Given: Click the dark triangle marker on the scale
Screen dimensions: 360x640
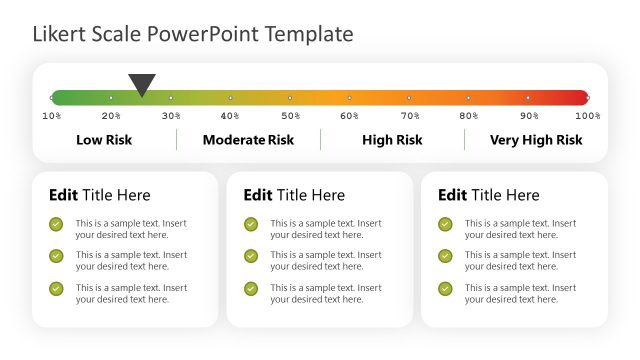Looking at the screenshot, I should pos(142,85).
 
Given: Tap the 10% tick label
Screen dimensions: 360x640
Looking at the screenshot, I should pos(52,116).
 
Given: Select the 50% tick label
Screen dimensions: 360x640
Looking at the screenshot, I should pos(289,116).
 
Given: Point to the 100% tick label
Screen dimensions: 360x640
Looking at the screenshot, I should pos(588,116).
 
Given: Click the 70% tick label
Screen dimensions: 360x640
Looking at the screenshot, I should pos(409,116).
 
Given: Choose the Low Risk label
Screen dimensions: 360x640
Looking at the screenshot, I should pos(104,140).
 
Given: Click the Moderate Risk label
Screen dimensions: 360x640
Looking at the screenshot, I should pos(248,140).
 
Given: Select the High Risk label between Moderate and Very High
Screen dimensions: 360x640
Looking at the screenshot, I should pos(392,140).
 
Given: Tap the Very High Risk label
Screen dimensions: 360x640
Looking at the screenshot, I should pos(536,140).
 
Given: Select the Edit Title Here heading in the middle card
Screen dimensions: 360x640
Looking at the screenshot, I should pos(294,195).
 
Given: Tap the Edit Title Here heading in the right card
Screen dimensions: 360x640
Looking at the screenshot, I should pos(488,195).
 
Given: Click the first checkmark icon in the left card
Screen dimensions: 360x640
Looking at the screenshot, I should pos(56,224).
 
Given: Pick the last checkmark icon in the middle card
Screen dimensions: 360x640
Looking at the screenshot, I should pos(251,289).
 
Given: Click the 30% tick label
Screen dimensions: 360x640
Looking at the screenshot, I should pos(171,116).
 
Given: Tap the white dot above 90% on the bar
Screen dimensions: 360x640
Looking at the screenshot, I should pos(528,98).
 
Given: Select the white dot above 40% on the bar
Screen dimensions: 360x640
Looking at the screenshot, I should pos(230,98).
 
